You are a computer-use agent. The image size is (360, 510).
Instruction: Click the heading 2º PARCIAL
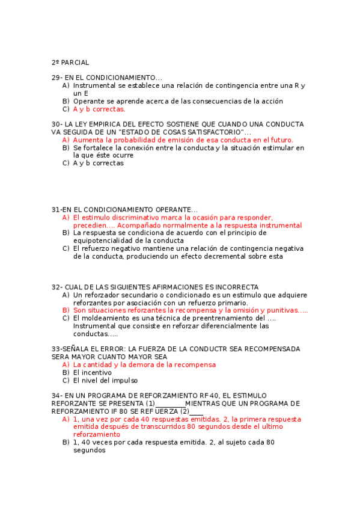[70, 62]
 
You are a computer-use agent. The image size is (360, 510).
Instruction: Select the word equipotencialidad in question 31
[106, 241]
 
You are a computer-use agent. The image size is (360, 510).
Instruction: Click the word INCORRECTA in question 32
[235, 287]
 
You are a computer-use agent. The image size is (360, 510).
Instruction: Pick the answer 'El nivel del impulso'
[105, 380]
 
